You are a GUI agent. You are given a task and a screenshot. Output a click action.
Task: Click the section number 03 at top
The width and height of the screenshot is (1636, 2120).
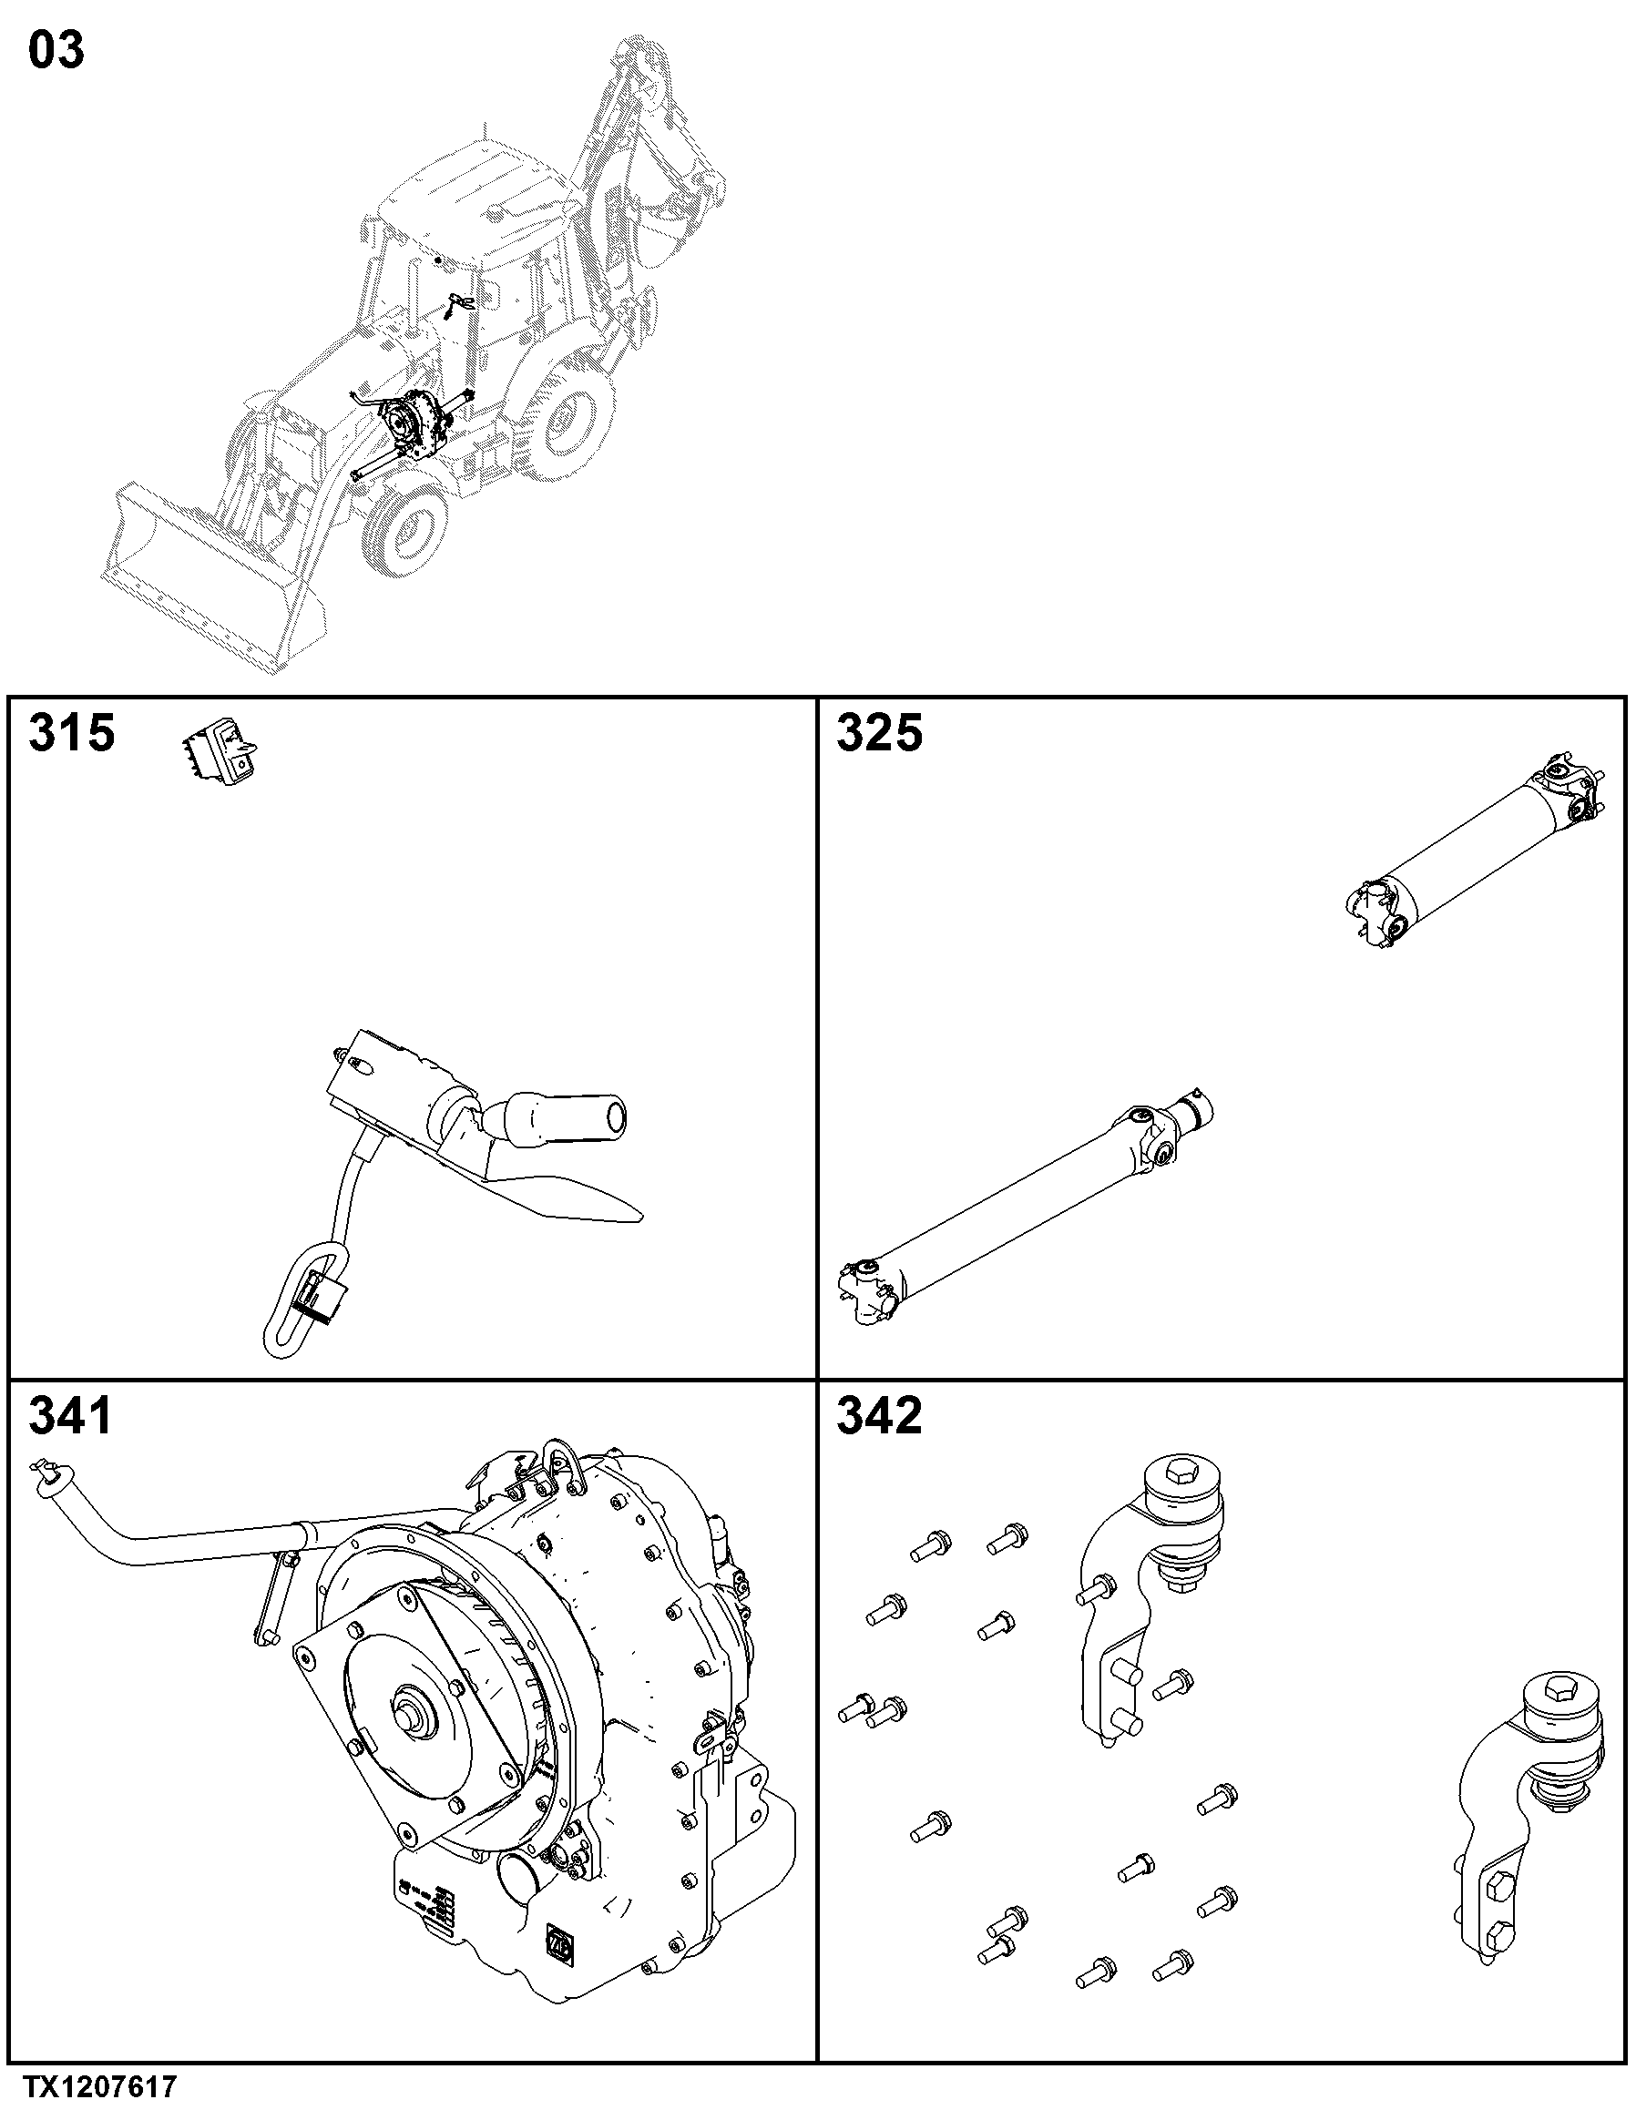pyautogui.click(x=56, y=50)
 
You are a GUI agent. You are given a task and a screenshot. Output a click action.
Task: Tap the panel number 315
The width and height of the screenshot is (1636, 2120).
pyautogui.click(x=72, y=733)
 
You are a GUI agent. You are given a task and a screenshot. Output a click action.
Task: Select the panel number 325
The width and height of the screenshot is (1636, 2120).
pyautogui.click(x=880, y=733)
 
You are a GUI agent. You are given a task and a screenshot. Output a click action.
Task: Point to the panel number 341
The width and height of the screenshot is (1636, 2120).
pyautogui.click(x=71, y=1416)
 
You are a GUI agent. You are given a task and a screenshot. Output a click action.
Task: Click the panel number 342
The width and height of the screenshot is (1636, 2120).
pyautogui.click(x=880, y=1416)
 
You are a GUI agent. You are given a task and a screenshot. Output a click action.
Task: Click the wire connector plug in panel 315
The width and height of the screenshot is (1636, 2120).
pyautogui.click(x=319, y=1298)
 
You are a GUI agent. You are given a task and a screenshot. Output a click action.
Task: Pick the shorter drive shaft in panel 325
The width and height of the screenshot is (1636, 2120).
pyautogui.click(x=1475, y=851)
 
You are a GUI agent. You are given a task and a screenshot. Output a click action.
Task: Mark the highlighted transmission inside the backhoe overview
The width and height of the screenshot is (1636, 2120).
pyautogui.click(x=417, y=427)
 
